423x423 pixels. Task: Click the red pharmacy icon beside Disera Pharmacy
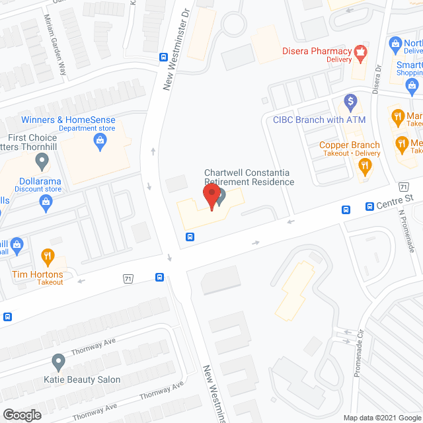click(x=361, y=51)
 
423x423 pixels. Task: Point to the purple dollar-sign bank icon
click(x=351, y=102)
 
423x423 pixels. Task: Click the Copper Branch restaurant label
click(x=350, y=145)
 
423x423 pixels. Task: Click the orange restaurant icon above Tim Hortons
click(x=48, y=255)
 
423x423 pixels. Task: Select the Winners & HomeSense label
click(x=68, y=120)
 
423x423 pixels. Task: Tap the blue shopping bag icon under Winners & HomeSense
click(x=99, y=139)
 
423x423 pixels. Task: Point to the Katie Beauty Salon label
click(x=82, y=379)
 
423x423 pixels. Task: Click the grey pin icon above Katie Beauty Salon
click(x=58, y=362)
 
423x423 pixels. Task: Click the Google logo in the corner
click(x=21, y=414)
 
